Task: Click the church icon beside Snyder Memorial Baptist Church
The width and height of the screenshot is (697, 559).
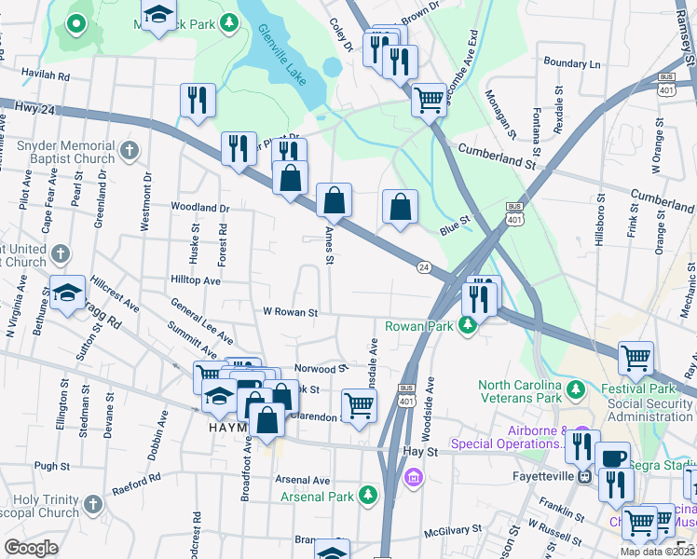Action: coord(130,149)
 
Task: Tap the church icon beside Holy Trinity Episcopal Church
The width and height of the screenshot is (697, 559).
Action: coord(92,504)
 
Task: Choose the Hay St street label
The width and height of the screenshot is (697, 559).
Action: coord(419,451)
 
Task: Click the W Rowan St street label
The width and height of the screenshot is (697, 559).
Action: coord(291,313)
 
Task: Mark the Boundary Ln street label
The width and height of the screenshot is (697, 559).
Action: coord(572,64)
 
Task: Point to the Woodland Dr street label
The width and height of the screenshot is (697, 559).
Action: coord(199,207)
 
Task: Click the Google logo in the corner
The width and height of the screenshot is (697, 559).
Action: coord(31,548)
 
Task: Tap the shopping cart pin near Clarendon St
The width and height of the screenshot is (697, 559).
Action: coord(359,405)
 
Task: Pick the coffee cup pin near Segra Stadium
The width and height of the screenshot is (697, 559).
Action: coord(612,457)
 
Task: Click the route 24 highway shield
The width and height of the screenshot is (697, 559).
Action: coord(424,266)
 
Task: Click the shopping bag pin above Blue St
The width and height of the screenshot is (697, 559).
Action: coord(400,206)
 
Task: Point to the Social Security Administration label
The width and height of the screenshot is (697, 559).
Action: coord(650,410)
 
